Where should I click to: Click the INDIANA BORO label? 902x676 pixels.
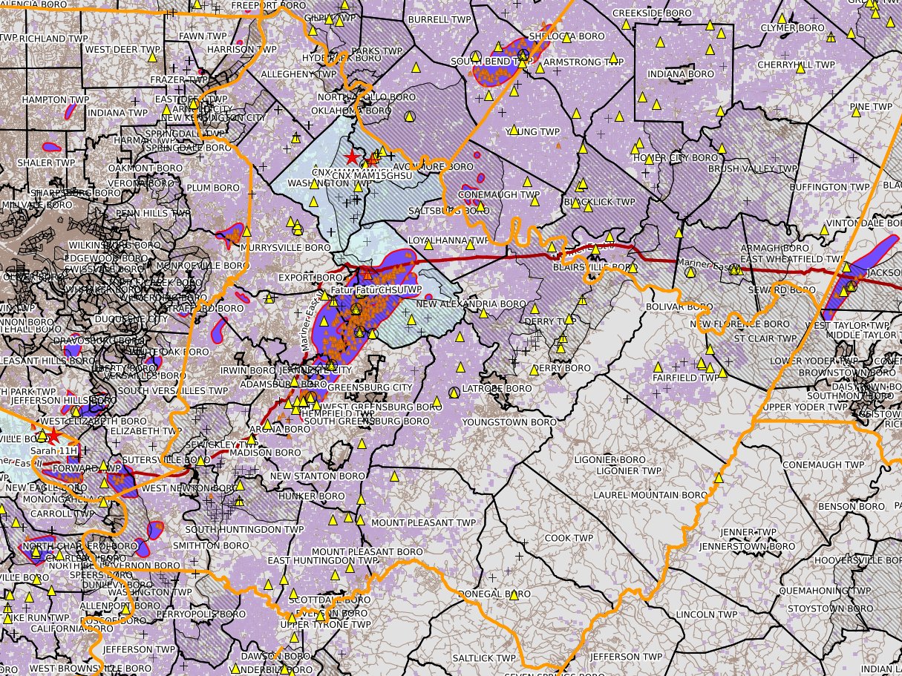(681, 74)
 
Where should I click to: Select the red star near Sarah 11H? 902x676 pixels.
(53, 437)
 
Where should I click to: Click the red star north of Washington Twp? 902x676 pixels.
(352, 157)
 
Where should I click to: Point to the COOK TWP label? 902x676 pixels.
(569, 538)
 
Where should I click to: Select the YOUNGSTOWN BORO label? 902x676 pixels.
(509, 422)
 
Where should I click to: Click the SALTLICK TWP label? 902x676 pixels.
(484, 658)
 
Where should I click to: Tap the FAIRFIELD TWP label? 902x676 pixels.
(686, 378)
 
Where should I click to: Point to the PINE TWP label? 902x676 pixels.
(871, 107)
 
